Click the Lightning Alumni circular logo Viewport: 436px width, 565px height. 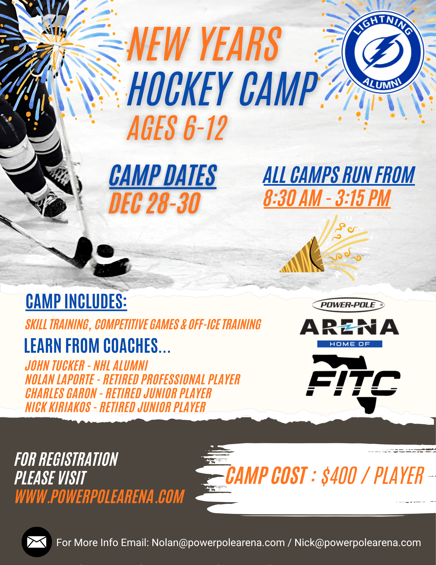pyautogui.click(x=383, y=52)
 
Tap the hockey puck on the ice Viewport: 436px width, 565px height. pyautogui.click(x=106, y=251)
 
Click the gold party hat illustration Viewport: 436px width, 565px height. pyautogui.click(x=302, y=256)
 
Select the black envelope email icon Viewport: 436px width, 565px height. pyautogui.click(x=37, y=542)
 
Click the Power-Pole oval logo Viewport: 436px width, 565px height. pyautogui.click(x=348, y=305)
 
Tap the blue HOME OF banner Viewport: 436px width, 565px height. pyautogui.click(x=350, y=344)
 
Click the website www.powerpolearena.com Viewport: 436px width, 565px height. pyautogui.click(x=100, y=497)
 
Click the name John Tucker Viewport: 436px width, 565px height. pyautogui.click(x=55, y=365)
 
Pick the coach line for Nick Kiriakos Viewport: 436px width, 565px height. pyautogui.click(x=115, y=407)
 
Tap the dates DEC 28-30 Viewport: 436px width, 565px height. pyautogui.click(x=155, y=203)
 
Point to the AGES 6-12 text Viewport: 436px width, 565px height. pyautogui.click(x=177, y=128)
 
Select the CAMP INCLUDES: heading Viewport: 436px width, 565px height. pyautogui.click(x=76, y=301)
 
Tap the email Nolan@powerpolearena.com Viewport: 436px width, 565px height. pyautogui.click(x=218, y=543)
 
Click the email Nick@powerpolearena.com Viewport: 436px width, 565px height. pyautogui.click(x=358, y=543)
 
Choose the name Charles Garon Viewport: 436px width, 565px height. pyautogui.click(x=61, y=393)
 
